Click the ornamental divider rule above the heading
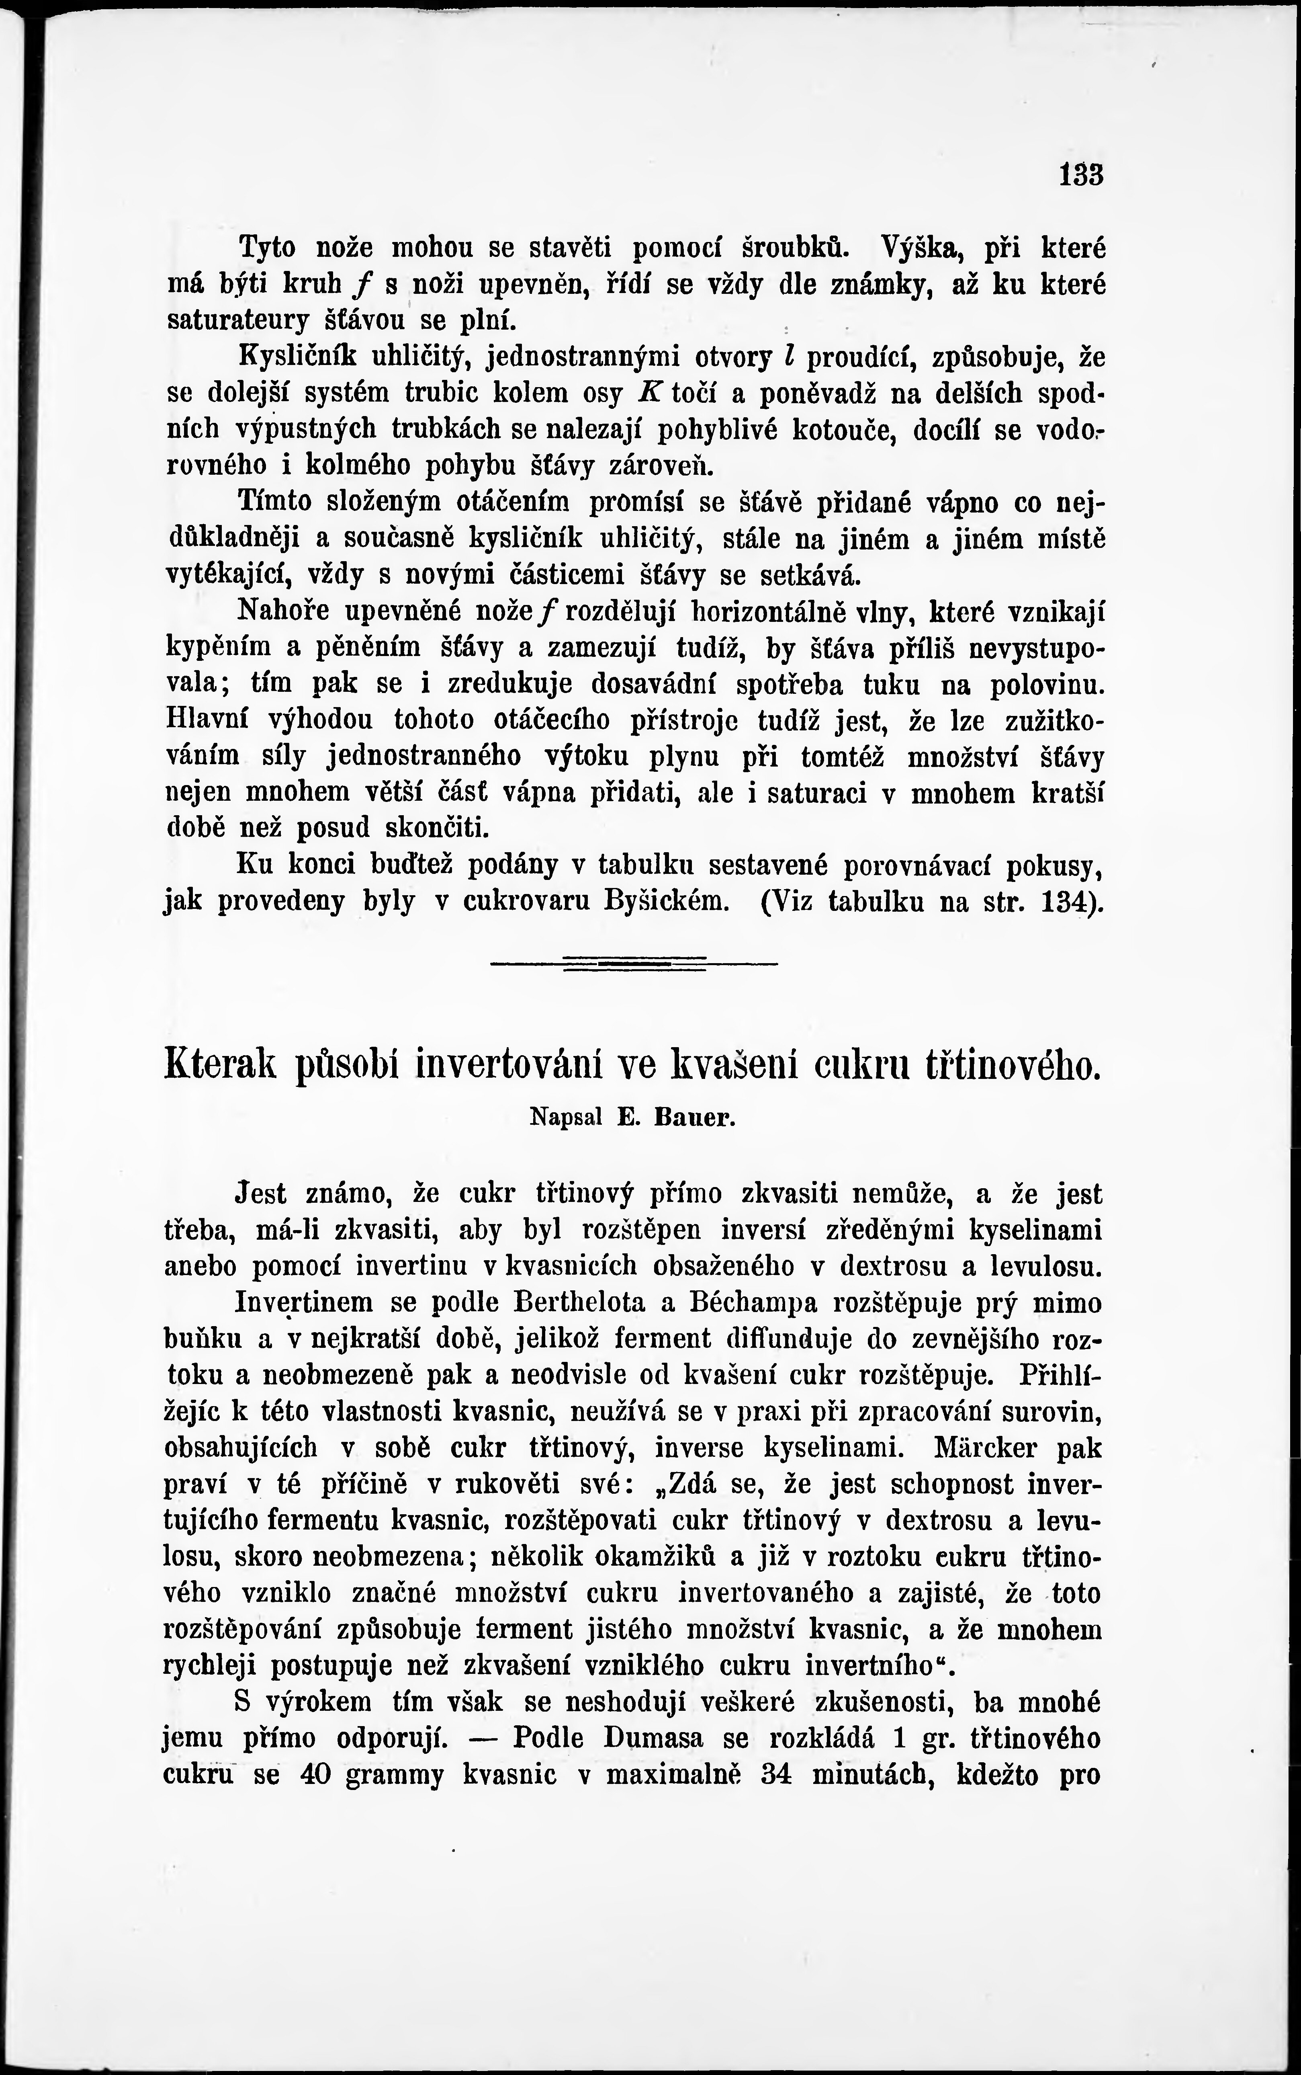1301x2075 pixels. (x=634, y=963)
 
